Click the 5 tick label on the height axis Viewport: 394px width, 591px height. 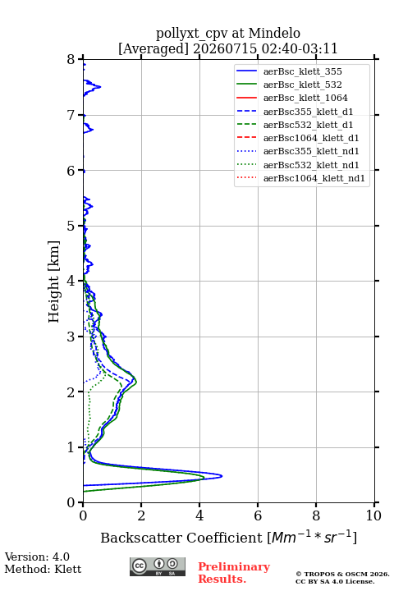pos(71,226)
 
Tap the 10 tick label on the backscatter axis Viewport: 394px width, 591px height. pos(373,515)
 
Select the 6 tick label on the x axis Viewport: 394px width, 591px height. pos(258,515)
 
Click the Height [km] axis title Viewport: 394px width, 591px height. pos(53,282)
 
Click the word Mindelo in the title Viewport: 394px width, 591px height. pos(274,33)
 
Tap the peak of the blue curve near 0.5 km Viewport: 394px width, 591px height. pos(222,476)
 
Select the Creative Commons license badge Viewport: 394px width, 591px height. pos(158,567)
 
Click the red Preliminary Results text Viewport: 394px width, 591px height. pos(234,573)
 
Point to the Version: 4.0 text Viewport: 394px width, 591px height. pos(37,557)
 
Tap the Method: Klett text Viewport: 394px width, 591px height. pos(43,569)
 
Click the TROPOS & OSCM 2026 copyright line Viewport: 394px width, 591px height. pos(342,574)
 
